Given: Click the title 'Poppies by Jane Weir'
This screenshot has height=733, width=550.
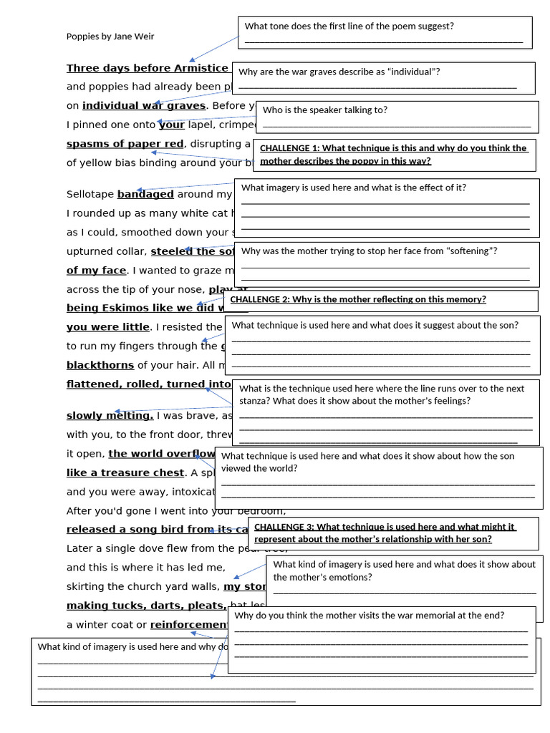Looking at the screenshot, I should [110, 37].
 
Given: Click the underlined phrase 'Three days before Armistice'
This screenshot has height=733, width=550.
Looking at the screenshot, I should [147, 69].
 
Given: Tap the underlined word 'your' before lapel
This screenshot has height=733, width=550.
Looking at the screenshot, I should [171, 125].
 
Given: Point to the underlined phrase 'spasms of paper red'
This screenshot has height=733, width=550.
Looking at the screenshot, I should [125, 144].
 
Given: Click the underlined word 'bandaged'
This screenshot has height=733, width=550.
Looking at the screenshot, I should [145, 194].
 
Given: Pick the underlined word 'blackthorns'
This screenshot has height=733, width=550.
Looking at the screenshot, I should [100, 365].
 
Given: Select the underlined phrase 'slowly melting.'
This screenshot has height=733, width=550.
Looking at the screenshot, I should [110, 416].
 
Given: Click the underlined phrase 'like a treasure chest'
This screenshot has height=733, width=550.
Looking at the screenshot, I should [125, 473].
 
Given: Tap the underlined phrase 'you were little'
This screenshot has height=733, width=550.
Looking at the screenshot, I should [107, 327].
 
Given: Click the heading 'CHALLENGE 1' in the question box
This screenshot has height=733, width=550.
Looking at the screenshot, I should [290, 148].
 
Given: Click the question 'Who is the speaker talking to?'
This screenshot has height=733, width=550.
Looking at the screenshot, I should [325, 110].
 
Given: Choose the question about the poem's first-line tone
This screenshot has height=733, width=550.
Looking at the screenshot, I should [349, 26].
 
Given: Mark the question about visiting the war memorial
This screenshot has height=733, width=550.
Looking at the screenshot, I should [369, 616].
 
